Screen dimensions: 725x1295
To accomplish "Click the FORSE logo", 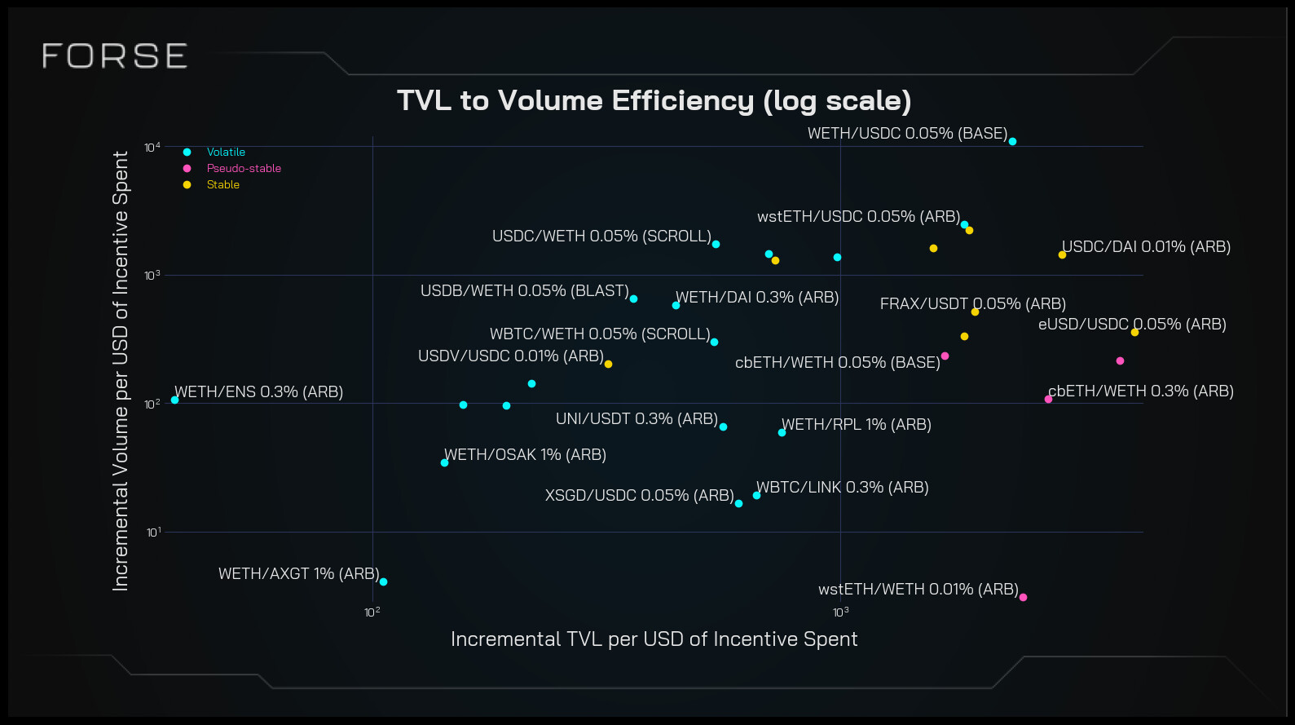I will coord(115,56).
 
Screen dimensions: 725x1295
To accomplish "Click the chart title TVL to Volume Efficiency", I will coord(654,100).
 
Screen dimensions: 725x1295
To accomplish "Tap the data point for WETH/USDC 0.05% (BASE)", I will coord(1012,142).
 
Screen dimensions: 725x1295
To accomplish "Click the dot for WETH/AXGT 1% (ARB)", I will coord(383,581).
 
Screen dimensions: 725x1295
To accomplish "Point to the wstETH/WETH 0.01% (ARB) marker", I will coord(1023,597).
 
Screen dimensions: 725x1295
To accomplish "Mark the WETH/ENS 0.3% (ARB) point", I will coord(174,400).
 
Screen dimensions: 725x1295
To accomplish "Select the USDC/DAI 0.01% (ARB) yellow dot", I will coord(1062,255).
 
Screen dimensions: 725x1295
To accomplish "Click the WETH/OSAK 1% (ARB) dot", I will coord(444,462).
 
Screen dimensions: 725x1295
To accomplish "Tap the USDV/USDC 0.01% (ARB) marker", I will coord(608,364).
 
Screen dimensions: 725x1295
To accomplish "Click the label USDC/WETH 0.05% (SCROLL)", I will coord(601,237).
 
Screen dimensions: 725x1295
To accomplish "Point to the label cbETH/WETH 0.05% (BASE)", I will coord(837,363).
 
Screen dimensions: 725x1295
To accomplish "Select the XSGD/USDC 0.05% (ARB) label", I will coord(639,496).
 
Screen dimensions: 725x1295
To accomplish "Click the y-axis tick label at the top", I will coord(152,148).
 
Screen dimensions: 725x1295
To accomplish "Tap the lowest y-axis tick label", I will coord(153,533).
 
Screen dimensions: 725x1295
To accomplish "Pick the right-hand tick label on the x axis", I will coord(840,612).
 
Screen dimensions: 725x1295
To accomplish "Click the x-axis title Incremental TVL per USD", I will coord(654,639).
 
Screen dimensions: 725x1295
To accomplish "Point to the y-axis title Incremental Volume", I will coord(121,371).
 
